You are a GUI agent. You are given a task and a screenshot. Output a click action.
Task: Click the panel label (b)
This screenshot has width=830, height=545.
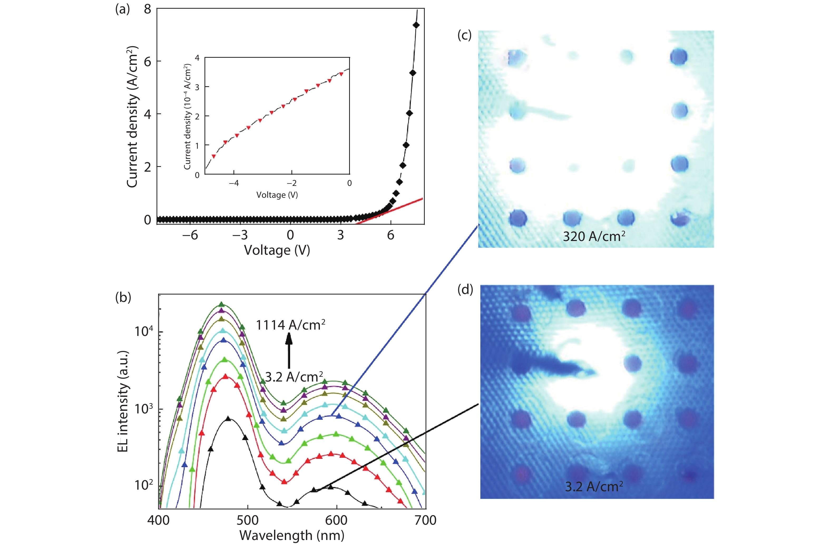coord(123,297)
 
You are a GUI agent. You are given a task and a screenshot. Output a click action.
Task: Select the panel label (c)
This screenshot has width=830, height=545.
coord(464,35)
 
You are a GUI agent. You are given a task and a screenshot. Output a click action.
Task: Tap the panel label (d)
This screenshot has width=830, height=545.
coord(465,290)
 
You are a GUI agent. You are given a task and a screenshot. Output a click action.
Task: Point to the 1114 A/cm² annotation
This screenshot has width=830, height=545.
coord(290,325)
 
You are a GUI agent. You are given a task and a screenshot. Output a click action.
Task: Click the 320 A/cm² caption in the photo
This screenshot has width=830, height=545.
coord(594,237)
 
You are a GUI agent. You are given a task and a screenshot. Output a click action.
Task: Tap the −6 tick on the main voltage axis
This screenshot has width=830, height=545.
coord(190,235)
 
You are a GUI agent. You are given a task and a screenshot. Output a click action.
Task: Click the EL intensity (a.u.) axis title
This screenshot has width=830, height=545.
coord(123,401)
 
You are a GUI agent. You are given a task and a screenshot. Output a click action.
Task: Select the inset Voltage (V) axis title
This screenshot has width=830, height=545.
coord(277,195)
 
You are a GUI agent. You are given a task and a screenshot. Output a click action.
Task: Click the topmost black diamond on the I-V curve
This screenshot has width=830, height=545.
coord(416,25)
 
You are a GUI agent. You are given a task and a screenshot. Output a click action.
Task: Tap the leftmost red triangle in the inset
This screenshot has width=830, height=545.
coord(214,156)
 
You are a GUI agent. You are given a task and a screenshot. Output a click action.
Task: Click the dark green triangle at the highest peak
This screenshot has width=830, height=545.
coord(221,304)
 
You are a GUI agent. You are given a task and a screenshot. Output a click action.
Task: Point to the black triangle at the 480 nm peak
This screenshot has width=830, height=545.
coord(228,418)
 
